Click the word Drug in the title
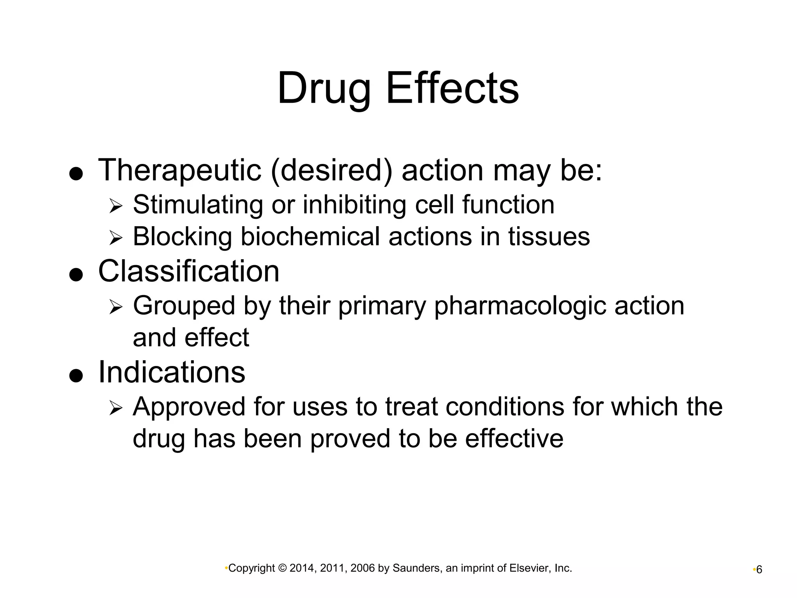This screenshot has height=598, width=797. point(323,89)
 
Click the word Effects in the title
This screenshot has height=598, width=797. point(452,88)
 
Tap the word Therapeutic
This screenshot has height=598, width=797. point(179,170)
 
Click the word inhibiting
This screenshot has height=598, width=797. point(354,205)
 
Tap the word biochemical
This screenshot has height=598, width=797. point(310,237)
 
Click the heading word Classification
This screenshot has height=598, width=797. point(189,271)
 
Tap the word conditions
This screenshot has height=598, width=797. point(505,407)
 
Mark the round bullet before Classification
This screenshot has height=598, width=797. point(76,275)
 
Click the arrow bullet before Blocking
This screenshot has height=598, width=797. point(116,237)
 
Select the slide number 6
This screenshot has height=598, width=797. point(759,570)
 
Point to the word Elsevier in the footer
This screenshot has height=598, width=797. point(528,568)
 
